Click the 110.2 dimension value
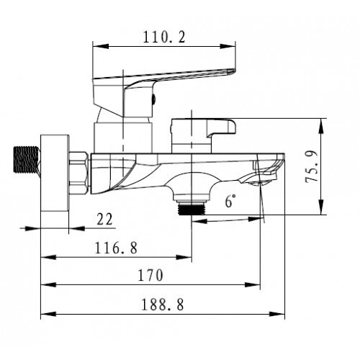tap(164, 37)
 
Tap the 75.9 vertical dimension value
tap(312, 166)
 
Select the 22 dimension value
tap(104, 219)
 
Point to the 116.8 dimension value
tap(116, 248)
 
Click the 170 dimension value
tap(150, 275)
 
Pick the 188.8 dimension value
tap(163, 305)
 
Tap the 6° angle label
tap(230, 201)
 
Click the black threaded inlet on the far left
tap(26, 159)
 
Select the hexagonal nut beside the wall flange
tap(78, 172)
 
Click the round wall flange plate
tap(55, 173)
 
